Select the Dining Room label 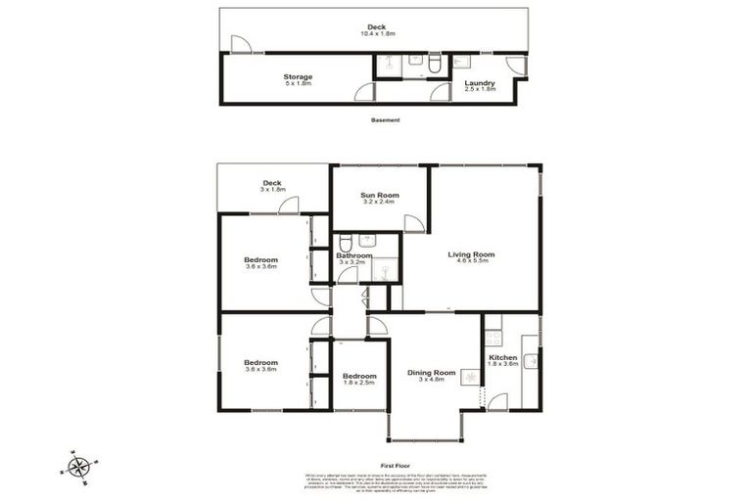coord(432,373)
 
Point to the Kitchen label coord(503,358)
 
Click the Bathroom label coord(353,256)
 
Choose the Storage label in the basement coord(298,76)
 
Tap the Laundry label coord(480,83)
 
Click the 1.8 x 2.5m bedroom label coord(359,376)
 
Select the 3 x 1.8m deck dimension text coord(272,189)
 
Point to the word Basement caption coord(386,120)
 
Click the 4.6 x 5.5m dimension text coord(471,262)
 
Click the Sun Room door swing coord(414,222)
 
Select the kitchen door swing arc coord(497,401)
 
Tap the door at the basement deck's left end coord(241,44)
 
